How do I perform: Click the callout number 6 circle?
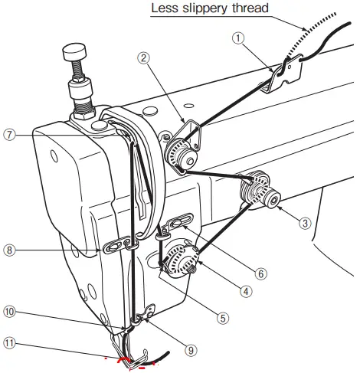(260, 272)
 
